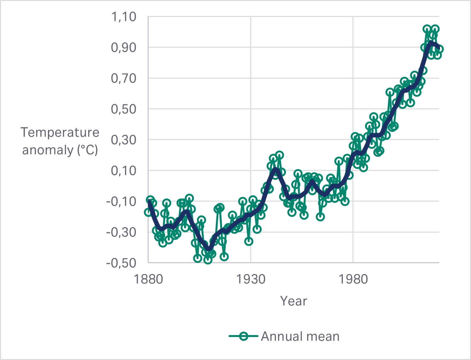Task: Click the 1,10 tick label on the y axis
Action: coord(124,17)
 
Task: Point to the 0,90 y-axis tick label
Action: coord(124,48)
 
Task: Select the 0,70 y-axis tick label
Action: coord(124,79)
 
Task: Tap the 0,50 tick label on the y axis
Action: coord(124,109)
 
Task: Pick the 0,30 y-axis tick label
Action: coord(124,140)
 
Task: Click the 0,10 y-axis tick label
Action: coord(124,171)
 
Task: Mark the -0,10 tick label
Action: coord(121,202)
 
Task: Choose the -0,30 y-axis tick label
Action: coord(121,232)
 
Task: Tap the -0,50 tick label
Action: coord(121,263)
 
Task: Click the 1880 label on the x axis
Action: coord(148,280)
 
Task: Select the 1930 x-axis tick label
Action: coord(251,280)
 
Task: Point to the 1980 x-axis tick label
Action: coord(353,280)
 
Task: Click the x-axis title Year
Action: coord(294,301)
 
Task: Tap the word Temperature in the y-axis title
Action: coord(60,132)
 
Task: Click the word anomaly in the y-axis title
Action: coord(48,150)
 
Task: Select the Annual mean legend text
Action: coord(300,336)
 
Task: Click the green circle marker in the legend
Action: coord(243,336)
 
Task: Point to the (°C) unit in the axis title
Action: coord(88,150)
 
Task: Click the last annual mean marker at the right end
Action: coord(439,49)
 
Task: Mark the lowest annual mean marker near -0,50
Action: coord(208,260)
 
